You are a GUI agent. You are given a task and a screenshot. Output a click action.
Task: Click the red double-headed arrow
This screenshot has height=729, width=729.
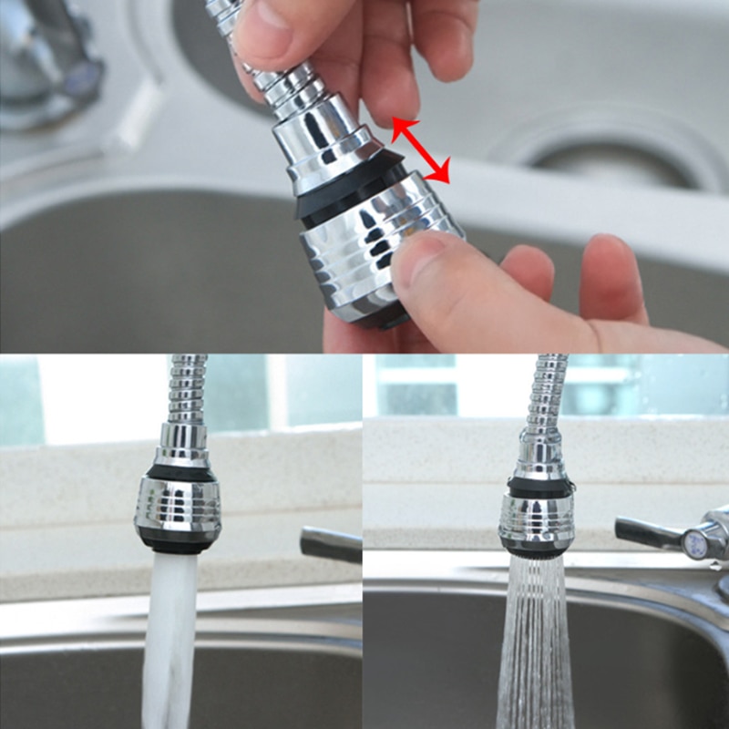pos(421,150)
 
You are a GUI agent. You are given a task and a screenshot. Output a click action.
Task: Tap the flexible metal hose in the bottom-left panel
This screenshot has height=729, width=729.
pos(186,392)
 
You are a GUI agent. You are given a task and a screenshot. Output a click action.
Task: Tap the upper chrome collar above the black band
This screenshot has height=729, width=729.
pos(323,137)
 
